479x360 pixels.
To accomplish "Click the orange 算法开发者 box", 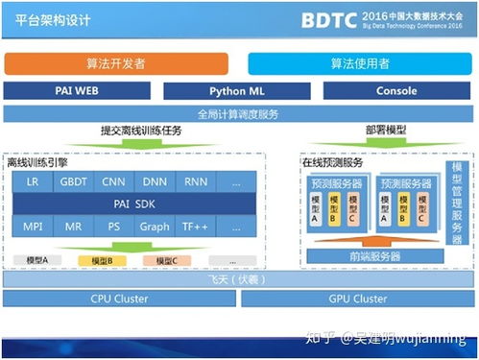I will (x=116, y=63).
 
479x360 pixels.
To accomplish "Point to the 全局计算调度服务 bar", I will (x=239, y=113).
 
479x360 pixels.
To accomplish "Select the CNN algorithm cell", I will (x=114, y=181).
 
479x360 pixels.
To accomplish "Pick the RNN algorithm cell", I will (x=196, y=181).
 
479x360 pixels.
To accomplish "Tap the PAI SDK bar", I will (x=134, y=204).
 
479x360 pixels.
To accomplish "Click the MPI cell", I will (x=33, y=227).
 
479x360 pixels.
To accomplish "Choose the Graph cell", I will (x=155, y=227).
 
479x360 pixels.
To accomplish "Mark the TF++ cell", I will (x=196, y=227).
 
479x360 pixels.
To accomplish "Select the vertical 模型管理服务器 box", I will (x=458, y=206).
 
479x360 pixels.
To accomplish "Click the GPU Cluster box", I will (x=358, y=299).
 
